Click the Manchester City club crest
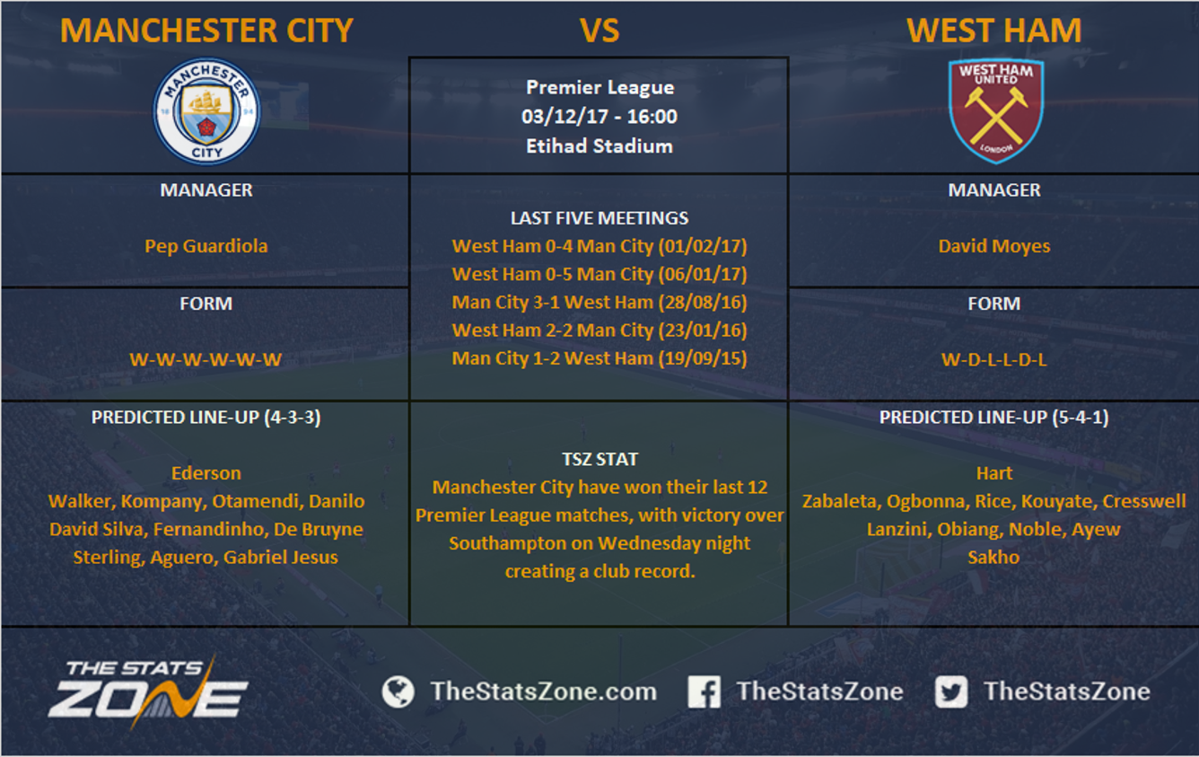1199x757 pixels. (206, 111)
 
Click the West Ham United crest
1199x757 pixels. (995, 110)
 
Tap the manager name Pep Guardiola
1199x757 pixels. (206, 246)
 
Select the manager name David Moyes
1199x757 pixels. (994, 246)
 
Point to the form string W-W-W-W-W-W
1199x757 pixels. (206, 359)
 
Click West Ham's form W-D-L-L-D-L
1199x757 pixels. (994, 359)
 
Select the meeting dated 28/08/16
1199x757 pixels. (599, 302)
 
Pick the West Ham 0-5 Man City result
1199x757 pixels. (599, 274)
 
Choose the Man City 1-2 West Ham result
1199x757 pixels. (599, 358)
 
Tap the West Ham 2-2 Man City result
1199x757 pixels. (599, 330)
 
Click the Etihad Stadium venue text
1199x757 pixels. (599, 145)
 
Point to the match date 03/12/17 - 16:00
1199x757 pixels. (599, 116)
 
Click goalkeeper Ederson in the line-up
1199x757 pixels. (206, 473)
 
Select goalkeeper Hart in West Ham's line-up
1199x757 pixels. (994, 473)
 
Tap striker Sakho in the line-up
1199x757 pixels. (994, 557)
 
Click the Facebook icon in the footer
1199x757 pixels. (704, 691)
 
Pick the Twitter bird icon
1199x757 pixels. (951, 691)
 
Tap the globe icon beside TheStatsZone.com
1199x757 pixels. (398, 691)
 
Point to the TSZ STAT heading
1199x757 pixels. (599, 459)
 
